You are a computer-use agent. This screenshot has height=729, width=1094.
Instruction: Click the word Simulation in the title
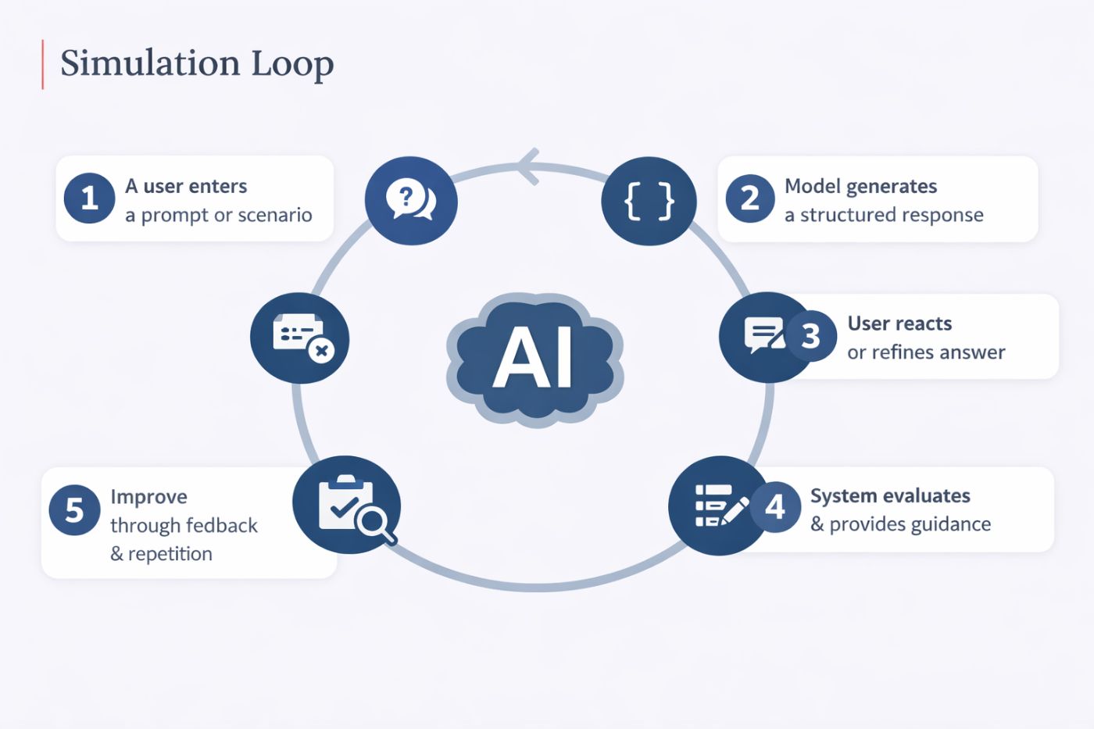click(148, 63)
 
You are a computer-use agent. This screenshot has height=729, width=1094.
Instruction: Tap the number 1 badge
click(89, 198)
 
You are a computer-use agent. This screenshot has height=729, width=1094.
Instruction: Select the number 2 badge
click(749, 198)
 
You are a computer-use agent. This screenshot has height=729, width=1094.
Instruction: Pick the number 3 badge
click(810, 336)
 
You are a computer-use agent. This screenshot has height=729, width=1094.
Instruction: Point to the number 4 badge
click(774, 506)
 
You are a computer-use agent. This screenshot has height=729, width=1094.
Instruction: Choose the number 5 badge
click(74, 510)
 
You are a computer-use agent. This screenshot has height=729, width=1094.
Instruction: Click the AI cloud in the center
click(534, 358)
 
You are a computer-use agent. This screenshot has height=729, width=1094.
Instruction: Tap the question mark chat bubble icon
click(411, 200)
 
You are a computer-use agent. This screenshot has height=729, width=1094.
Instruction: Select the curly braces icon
click(649, 201)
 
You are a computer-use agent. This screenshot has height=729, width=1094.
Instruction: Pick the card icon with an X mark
click(300, 338)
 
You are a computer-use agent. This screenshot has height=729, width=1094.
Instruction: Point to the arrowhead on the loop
click(528, 166)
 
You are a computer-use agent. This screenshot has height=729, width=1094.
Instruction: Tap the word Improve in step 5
click(148, 497)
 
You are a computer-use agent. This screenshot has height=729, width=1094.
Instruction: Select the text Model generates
click(860, 186)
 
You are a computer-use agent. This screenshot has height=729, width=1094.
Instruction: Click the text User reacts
click(899, 323)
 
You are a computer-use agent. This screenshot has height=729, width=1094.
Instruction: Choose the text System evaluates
click(890, 495)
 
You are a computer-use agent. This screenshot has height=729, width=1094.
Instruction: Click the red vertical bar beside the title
click(42, 64)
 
